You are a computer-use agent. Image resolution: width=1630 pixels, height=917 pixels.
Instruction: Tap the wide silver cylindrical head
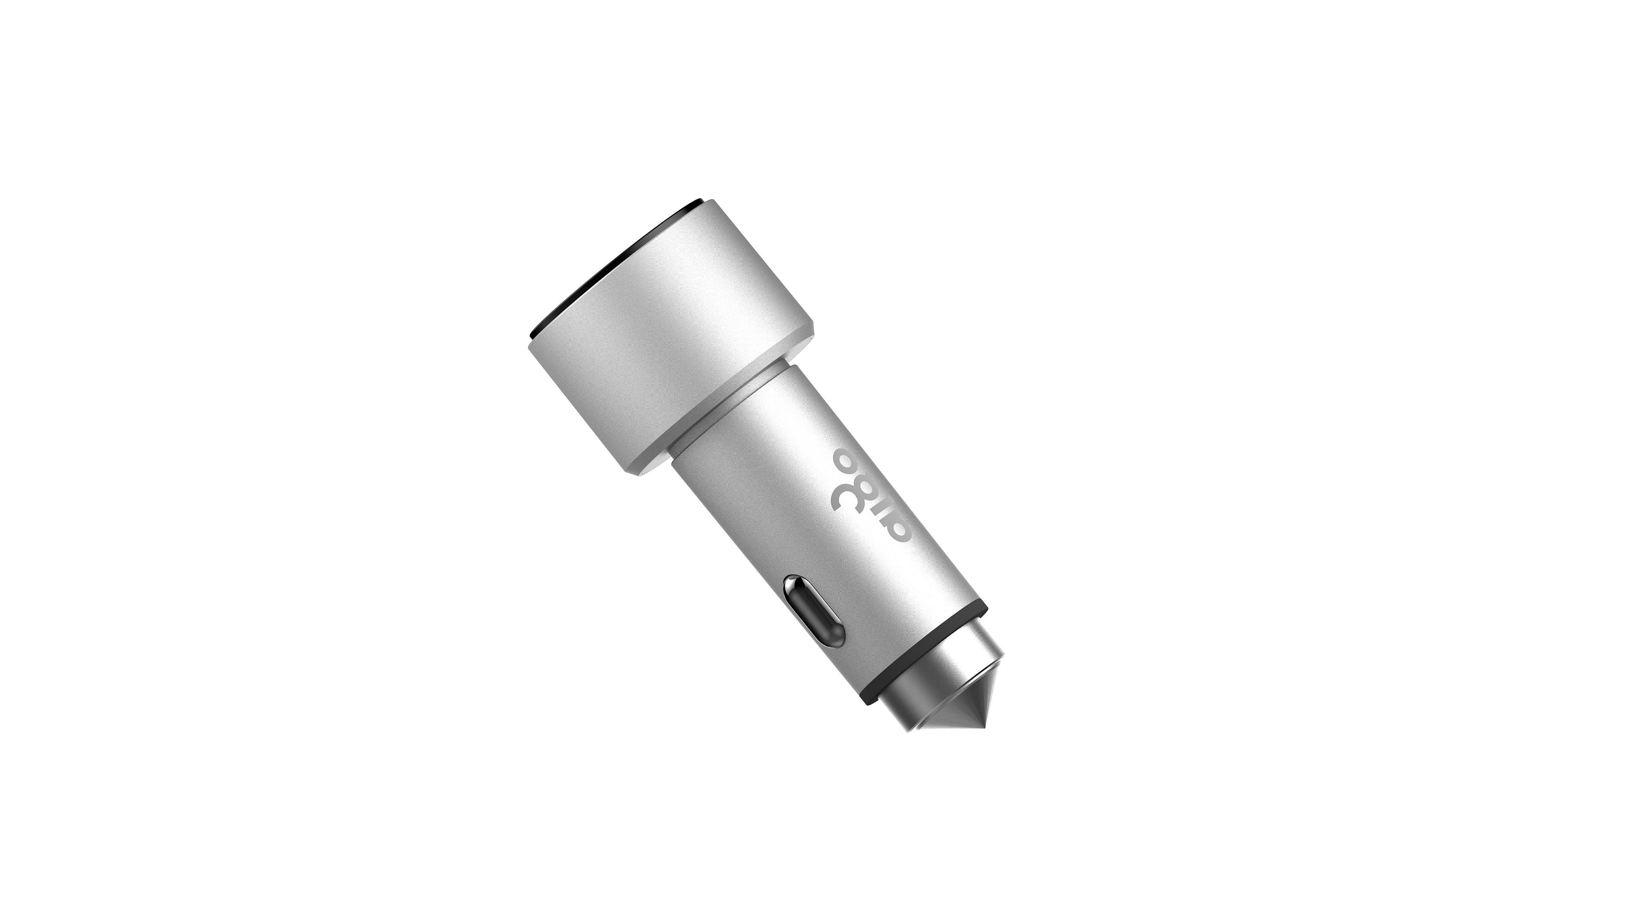tap(671, 342)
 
